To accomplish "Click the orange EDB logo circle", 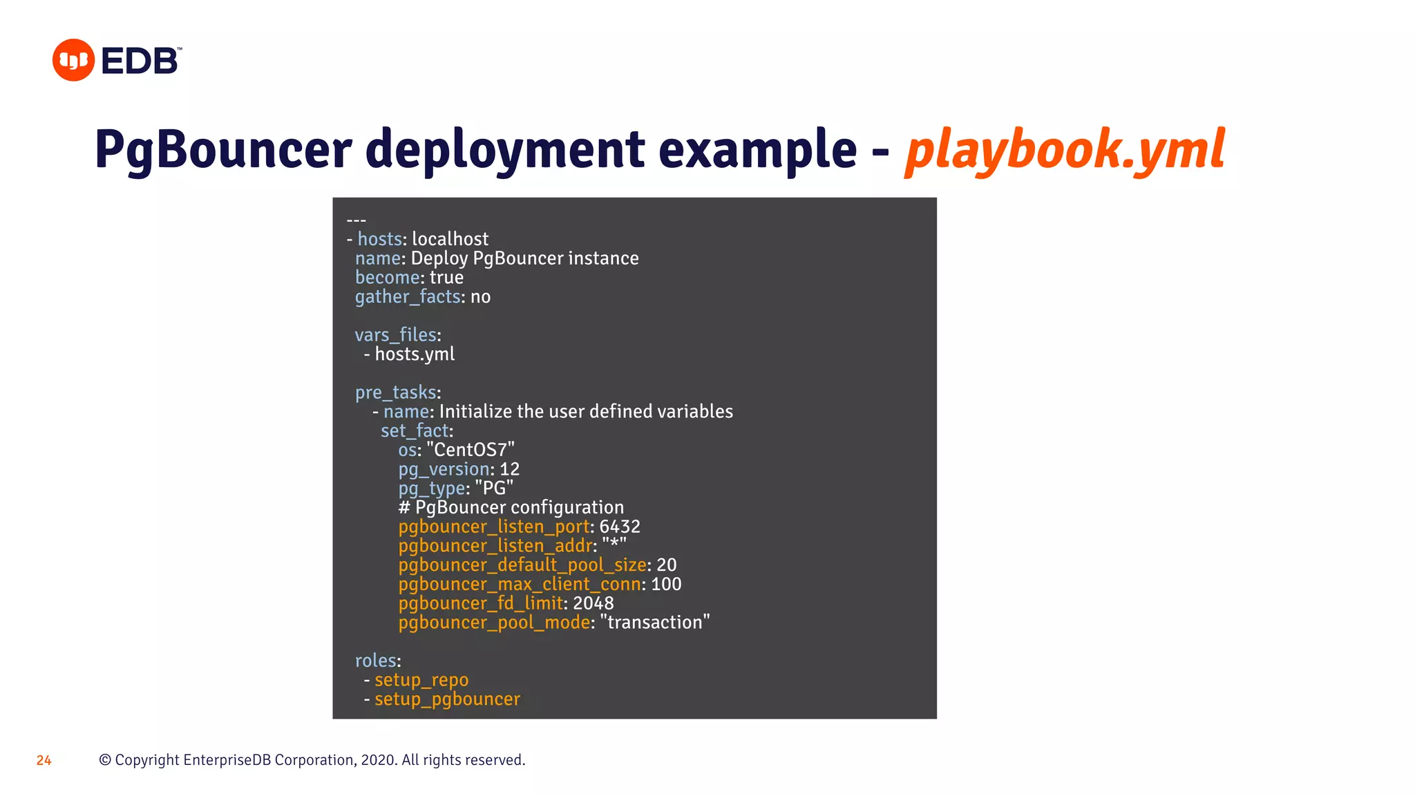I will point(73,60).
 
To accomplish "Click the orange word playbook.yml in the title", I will point(1065,150).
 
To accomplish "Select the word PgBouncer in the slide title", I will point(223,150).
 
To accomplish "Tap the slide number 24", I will point(44,761).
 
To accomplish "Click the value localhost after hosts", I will point(450,239).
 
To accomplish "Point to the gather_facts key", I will point(408,297).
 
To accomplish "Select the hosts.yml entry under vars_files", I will point(415,354).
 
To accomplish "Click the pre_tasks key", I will point(396,392).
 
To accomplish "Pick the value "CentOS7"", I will point(471,450).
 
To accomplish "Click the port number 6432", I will point(620,527).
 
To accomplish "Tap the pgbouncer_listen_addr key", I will point(495,546).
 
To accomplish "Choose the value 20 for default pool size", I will point(667,565).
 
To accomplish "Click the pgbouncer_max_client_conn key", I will point(520,585).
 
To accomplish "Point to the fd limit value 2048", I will point(593,603).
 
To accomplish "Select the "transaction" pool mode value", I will point(655,623).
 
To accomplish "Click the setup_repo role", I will point(421,680).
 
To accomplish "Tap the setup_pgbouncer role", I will point(447,699).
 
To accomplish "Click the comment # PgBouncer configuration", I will point(511,508).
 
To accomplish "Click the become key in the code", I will point(387,278).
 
